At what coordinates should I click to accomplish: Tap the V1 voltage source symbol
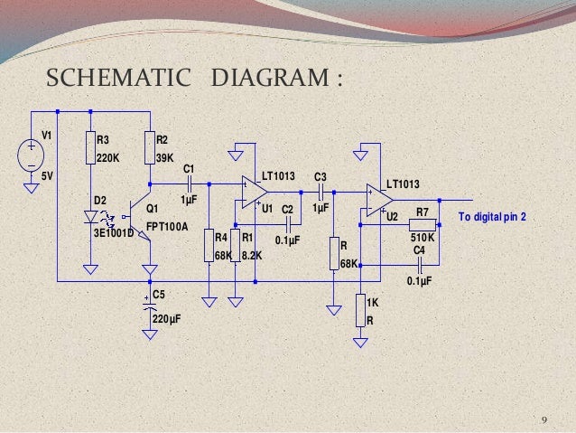(32, 155)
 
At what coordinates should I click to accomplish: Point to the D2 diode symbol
(91, 218)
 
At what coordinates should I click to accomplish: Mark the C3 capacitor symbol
(320, 192)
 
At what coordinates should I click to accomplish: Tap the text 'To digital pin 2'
(493, 218)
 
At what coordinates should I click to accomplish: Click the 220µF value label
(167, 318)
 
